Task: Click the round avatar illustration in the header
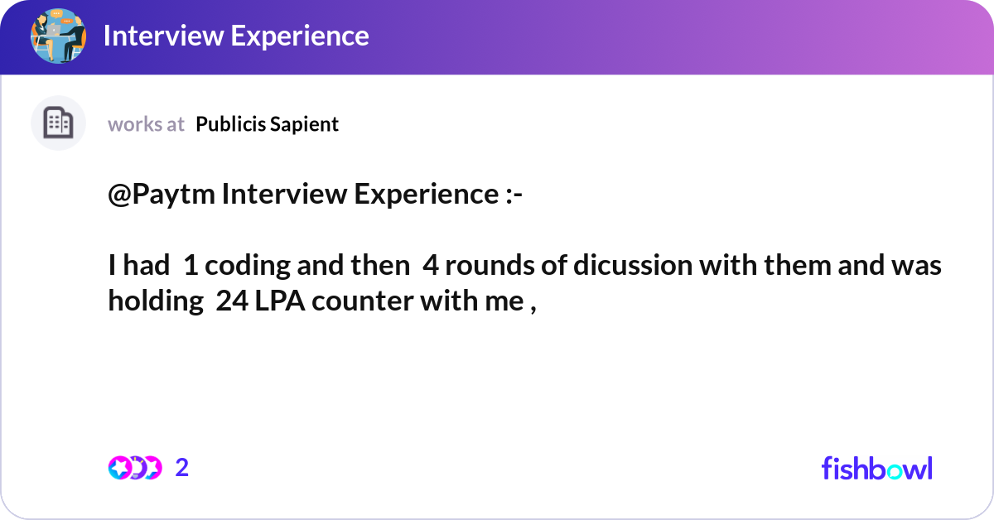tap(59, 36)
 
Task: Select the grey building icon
tap(58, 123)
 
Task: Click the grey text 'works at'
tap(146, 124)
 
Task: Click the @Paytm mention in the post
tap(162, 195)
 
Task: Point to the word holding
tap(156, 301)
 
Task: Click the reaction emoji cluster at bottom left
tap(134, 468)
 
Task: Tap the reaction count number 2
tap(182, 468)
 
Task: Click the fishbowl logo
tap(876, 468)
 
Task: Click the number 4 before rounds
tap(431, 266)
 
